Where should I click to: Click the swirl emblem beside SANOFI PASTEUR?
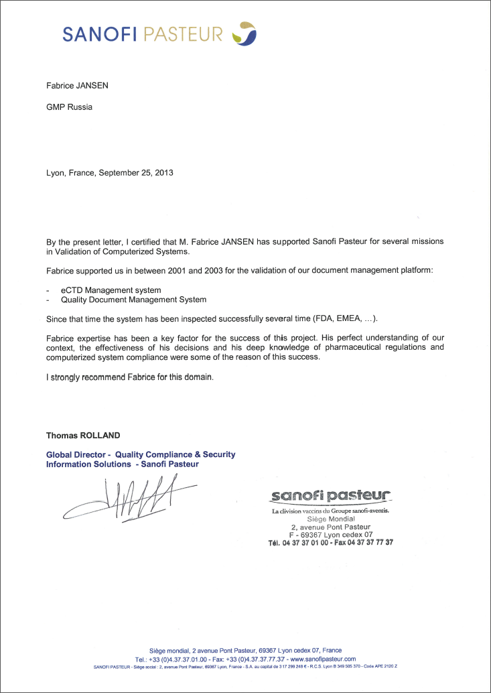point(243,32)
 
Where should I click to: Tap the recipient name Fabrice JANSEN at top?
point(77,86)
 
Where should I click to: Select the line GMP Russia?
point(69,107)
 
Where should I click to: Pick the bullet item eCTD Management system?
point(106,290)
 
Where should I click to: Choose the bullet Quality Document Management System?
point(129,300)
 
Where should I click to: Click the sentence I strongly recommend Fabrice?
point(129,377)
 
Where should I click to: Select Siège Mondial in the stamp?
point(330,519)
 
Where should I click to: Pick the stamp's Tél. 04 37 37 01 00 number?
point(297,542)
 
